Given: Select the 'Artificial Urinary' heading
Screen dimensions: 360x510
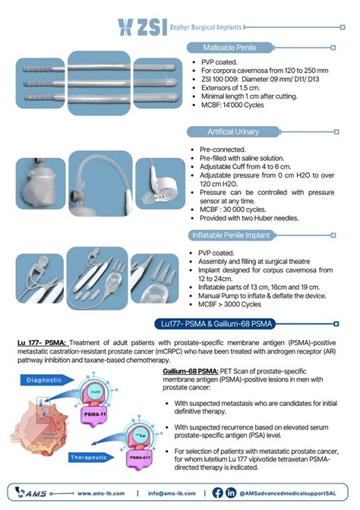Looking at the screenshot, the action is (x=220, y=131).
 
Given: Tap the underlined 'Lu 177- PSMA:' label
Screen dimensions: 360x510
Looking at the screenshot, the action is (x=40, y=343).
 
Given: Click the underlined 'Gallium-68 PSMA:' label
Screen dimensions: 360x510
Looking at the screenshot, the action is (x=190, y=371).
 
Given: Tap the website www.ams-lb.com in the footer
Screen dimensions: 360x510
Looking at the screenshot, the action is (x=97, y=493).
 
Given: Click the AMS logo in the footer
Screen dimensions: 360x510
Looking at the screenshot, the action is (x=30, y=493).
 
